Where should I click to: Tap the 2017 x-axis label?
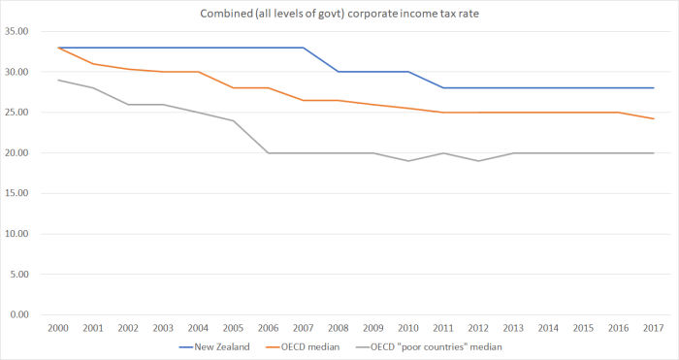(653, 329)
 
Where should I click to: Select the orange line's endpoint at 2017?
(653, 118)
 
